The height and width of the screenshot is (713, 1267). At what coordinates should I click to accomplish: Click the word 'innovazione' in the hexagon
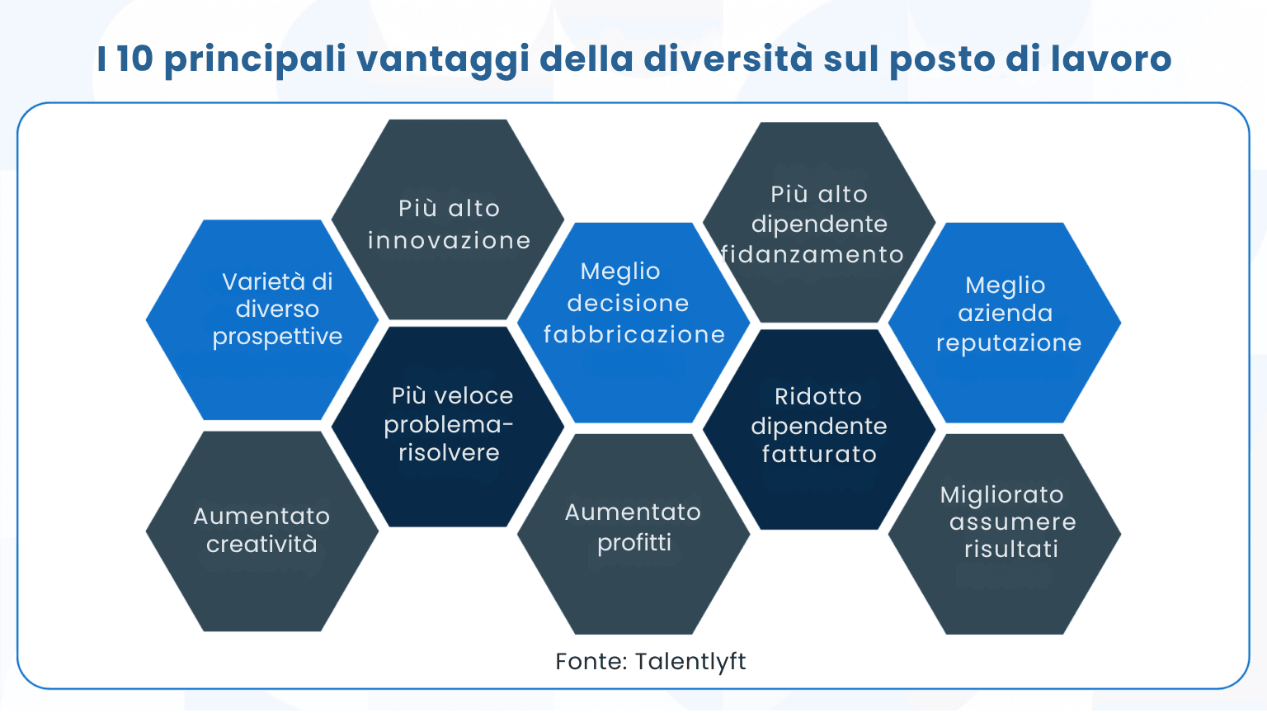pyautogui.click(x=450, y=241)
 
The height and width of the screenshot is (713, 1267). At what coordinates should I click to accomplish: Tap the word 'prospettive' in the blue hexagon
pyautogui.click(x=277, y=337)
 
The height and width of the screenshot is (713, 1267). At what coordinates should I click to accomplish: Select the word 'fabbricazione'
pyautogui.click(x=633, y=334)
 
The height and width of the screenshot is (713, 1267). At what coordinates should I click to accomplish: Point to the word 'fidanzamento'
pyautogui.click(x=813, y=255)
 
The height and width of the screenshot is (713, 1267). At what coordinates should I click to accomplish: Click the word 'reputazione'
pyautogui.click(x=1008, y=343)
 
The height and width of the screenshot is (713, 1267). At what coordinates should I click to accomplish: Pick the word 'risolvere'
pyautogui.click(x=449, y=453)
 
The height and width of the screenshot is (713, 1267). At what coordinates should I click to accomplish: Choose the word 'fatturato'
pyautogui.click(x=819, y=455)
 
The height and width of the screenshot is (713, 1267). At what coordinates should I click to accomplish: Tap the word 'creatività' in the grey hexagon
pyautogui.click(x=261, y=545)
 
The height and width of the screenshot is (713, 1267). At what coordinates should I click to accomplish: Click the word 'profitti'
pyautogui.click(x=633, y=543)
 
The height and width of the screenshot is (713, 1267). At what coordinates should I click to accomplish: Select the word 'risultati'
pyautogui.click(x=1010, y=550)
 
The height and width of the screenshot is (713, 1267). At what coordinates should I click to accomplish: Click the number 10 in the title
pyautogui.click(x=134, y=59)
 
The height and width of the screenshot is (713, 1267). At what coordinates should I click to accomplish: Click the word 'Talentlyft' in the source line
pyautogui.click(x=690, y=662)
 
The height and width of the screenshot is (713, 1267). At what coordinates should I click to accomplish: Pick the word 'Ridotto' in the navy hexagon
pyautogui.click(x=817, y=397)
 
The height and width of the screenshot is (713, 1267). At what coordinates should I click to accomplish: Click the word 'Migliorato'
pyautogui.click(x=1001, y=495)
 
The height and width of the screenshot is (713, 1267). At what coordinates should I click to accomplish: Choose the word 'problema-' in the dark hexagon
pyautogui.click(x=449, y=425)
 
